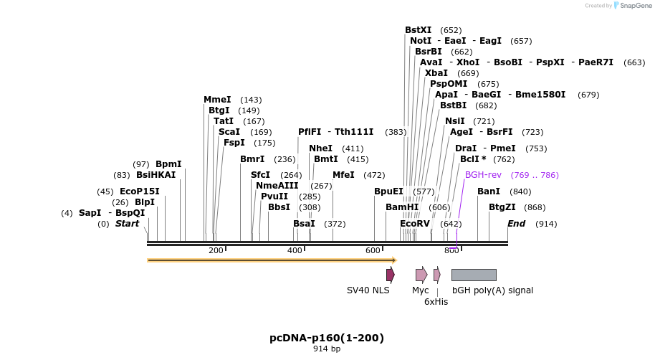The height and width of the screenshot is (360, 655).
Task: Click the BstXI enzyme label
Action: (x=418, y=30)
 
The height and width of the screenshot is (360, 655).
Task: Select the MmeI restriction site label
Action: (x=217, y=100)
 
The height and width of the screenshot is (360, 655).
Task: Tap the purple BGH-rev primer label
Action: (x=483, y=175)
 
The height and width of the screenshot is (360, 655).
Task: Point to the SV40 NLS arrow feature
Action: (x=390, y=275)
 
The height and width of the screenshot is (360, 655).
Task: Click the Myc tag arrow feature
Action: (x=421, y=275)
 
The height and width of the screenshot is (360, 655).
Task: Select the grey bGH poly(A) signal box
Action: (x=474, y=275)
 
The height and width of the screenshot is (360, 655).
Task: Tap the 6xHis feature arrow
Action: (x=437, y=275)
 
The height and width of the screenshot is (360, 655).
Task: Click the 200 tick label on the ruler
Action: (x=216, y=250)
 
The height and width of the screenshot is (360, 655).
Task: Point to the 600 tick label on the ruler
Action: (x=373, y=250)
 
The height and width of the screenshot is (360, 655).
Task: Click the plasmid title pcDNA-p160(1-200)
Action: (x=327, y=338)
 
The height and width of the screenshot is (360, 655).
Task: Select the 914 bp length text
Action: (x=327, y=349)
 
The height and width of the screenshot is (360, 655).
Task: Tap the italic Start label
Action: (x=127, y=224)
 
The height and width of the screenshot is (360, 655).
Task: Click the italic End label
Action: (x=516, y=224)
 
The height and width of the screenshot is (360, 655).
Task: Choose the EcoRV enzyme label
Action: (x=414, y=224)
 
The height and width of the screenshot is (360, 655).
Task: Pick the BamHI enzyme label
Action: (x=401, y=207)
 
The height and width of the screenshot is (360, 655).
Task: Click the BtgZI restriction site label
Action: (x=502, y=207)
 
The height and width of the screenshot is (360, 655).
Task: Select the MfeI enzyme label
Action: (x=343, y=175)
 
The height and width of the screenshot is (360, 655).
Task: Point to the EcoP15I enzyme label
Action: (x=139, y=191)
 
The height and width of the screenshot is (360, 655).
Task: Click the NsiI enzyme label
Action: (x=454, y=121)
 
